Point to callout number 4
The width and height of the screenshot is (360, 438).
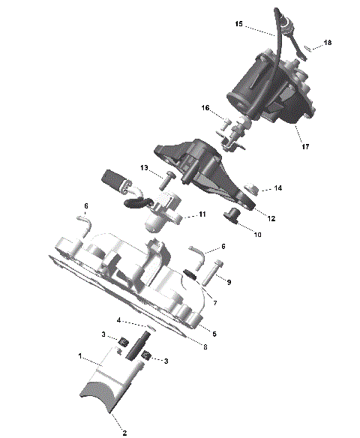pos(118,320)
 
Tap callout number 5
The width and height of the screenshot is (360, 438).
pos(214,333)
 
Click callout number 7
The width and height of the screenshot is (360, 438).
pos(214,304)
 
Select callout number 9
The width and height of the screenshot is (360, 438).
pos(229,282)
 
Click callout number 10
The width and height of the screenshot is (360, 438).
pos(257,235)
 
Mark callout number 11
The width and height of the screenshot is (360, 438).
pos(202,214)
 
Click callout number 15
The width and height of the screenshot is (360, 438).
pos(238,25)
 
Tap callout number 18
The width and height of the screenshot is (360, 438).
pos(327,43)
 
